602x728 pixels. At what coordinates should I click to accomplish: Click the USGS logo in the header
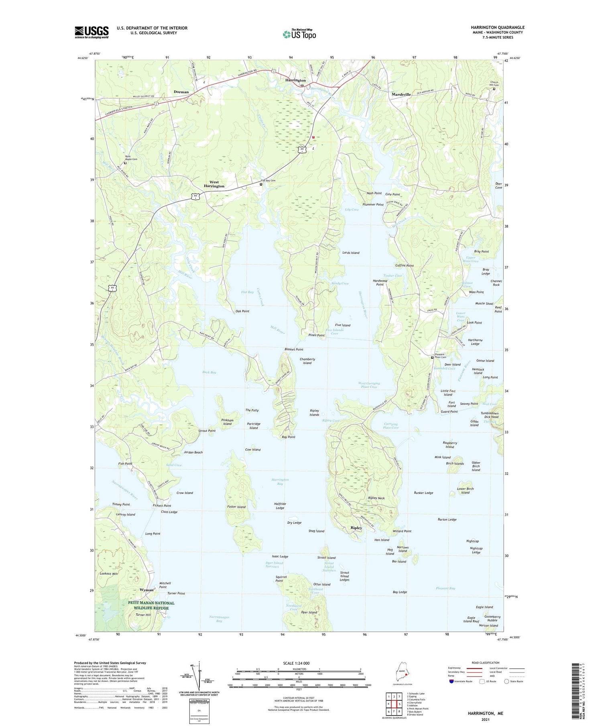pyautogui.click(x=92, y=32)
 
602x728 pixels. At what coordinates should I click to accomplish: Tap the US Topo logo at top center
pyautogui.click(x=299, y=34)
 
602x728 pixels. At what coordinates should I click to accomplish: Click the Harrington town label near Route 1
pyautogui.click(x=295, y=80)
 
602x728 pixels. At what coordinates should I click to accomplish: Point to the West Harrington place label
pyautogui.click(x=214, y=184)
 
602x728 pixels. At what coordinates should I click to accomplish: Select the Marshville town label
pyautogui.click(x=401, y=94)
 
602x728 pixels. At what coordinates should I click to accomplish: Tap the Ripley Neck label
pyautogui.click(x=376, y=498)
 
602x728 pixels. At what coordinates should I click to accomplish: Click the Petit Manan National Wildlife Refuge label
pyautogui.click(x=151, y=605)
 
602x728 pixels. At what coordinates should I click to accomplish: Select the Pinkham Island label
pyautogui.click(x=227, y=422)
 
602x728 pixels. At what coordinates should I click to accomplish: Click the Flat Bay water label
pyautogui.click(x=247, y=292)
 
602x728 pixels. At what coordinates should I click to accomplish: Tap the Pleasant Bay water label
pyautogui.click(x=445, y=588)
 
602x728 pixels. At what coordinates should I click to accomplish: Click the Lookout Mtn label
pyautogui.click(x=109, y=574)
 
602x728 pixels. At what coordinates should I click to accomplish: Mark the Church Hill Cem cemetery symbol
pyautogui.click(x=494, y=89)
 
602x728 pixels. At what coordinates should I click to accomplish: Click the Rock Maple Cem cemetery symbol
pyautogui.click(x=125, y=163)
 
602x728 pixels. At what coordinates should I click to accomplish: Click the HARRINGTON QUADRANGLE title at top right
pyautogui.click(x=498, y=27)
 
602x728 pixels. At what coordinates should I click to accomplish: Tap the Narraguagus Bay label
pyautogui.click(x=219, y=619)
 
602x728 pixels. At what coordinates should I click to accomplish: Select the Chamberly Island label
pyautogui.click(x=307, y=361)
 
